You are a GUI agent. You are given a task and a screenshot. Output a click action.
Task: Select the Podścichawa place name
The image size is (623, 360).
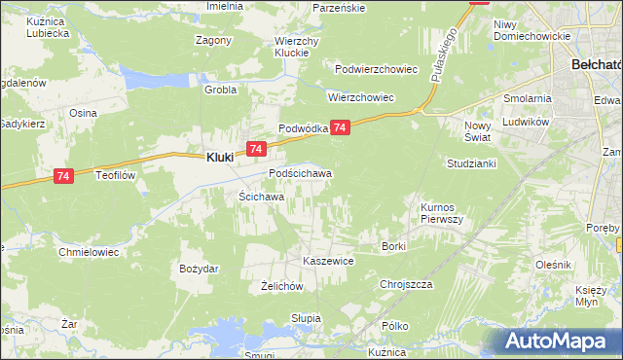pos(300,174)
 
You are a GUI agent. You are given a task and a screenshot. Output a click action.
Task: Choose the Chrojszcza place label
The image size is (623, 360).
pos(405,284)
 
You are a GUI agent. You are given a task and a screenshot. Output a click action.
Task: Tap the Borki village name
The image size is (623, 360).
pos(393,246)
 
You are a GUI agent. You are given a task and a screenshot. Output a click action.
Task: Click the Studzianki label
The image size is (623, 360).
pos(471,162)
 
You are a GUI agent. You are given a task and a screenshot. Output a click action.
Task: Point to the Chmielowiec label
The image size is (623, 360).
pos(89,251)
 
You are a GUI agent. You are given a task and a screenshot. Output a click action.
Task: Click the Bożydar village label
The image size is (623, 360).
pos(200,268)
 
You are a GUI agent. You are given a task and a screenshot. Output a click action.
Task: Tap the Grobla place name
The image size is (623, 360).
pos(220,90)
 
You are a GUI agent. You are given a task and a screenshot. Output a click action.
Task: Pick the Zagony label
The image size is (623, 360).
pos(213,41)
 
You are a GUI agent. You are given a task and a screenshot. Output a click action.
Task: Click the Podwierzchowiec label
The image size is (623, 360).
pos(376,70)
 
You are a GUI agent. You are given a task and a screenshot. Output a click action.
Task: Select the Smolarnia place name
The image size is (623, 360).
pos(527,99)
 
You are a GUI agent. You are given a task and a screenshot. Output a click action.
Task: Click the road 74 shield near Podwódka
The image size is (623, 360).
pos(340,127)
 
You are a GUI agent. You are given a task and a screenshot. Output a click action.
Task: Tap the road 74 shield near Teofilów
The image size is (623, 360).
pos(63,176)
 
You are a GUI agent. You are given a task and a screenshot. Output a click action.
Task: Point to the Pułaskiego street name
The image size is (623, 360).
pos(443,55)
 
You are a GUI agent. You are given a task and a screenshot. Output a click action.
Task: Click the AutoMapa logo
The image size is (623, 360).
pos(562,341)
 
